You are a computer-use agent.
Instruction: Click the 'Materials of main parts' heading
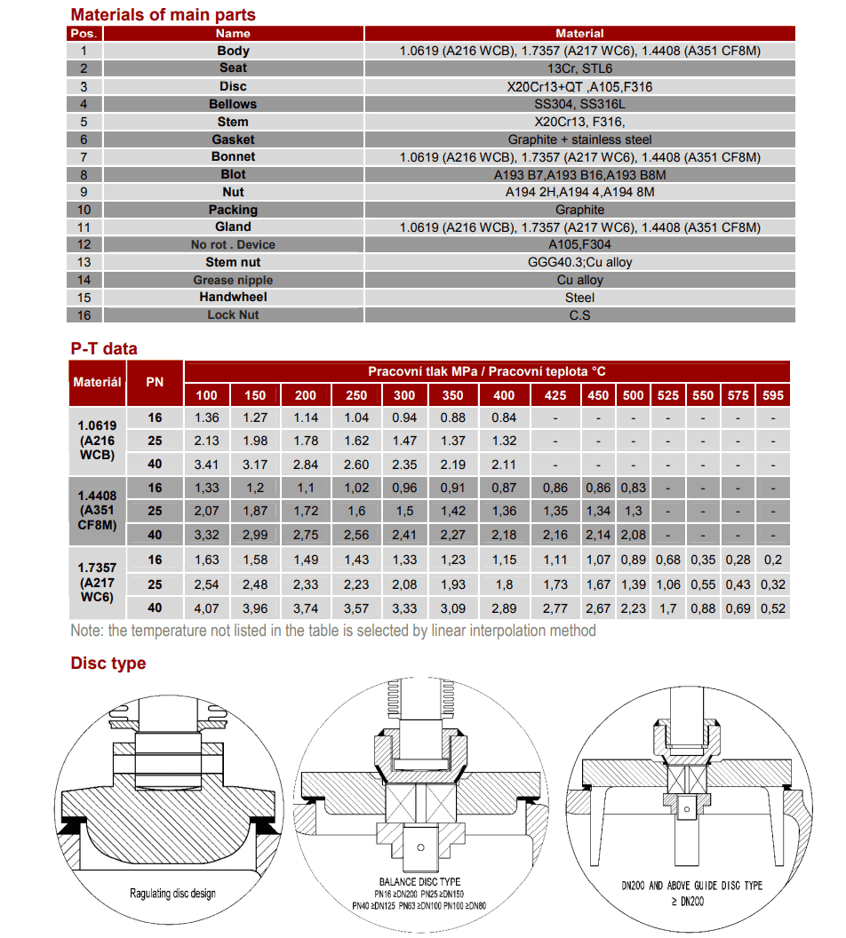(x=163, y=14)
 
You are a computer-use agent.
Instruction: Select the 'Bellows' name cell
(x=233, y=104)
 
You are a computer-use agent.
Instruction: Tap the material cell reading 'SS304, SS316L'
(x=579, y=104)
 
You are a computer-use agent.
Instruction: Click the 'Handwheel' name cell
(x=233, y=297)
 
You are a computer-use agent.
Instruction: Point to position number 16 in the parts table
(x=84, y=314)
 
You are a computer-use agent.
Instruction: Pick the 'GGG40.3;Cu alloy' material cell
(x=579, y=262)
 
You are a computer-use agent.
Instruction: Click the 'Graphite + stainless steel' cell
(x=579, y=139)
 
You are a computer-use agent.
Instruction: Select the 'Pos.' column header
(x=84, y=34)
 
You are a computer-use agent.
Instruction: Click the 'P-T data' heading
(x=104, y=349)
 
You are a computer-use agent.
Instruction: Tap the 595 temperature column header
(x=772, y=395)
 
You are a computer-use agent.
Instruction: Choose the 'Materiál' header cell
(x=97, y=382)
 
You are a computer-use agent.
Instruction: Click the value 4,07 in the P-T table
(x=206, y=608)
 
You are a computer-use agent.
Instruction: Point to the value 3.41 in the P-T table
(x=206, y=464)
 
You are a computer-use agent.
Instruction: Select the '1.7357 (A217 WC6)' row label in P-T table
(x=97, y=583)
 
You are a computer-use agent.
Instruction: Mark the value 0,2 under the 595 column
(x=772, y=560)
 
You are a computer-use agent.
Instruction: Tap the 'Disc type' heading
(x=108, y=664)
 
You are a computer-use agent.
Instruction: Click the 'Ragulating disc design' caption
(x=172, y=893)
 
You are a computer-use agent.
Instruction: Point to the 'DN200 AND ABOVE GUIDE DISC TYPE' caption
(x=692, y=886)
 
